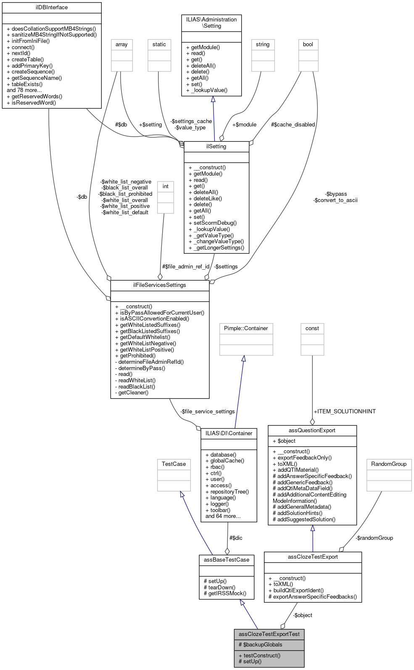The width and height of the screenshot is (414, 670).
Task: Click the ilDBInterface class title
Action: click(x=52, y=8)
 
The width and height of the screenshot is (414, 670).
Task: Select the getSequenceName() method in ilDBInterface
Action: click(x=37, y=78)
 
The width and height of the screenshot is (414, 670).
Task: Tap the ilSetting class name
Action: click(x=216, y=147)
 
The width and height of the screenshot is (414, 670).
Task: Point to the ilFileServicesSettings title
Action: click(x=160, y=285)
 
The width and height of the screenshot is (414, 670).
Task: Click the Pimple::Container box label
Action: click(x=246, y=328)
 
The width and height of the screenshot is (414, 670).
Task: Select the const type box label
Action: click(x=312, y=328)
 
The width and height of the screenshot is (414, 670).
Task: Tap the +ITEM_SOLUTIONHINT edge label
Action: click(x=345, y=412)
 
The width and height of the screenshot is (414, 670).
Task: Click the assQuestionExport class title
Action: click(x=312, y=431)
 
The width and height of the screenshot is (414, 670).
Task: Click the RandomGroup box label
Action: click(x=389, y=464)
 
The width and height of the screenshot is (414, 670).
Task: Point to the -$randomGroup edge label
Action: click(x=374, y=538)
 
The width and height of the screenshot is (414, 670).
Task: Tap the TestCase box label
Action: click(x=174, y=464)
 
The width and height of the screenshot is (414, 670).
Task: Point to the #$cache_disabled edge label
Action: click(x=293, y=125)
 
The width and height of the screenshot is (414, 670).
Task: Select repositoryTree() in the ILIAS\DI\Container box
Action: click(x=229, y=492)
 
